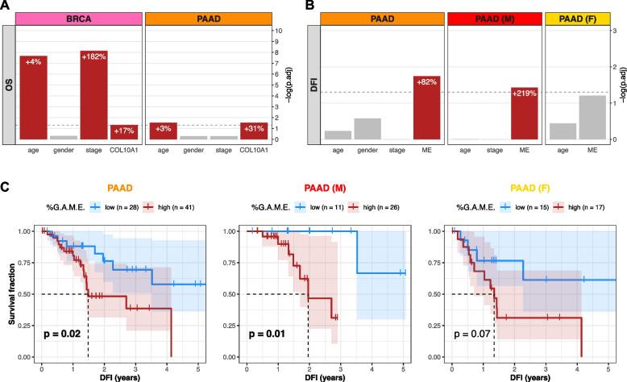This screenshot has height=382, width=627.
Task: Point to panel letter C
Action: pyautogui.click(x=6, y=188)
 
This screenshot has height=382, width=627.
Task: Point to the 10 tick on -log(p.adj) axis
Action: pyautogui.click(x=278, y=31)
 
